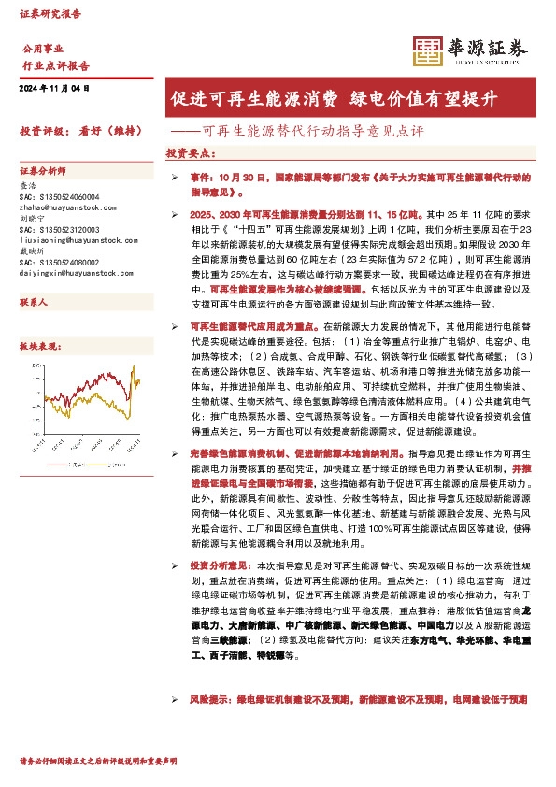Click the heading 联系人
tap(35, 305)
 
